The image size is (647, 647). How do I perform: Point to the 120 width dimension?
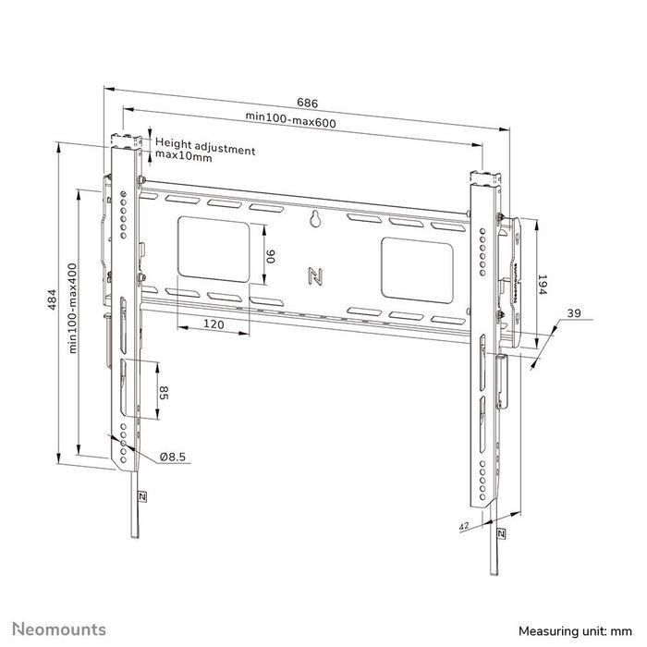pyautogui.click(x=214, y=325)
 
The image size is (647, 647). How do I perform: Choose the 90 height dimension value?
pyautogui.click(x=271, y=256)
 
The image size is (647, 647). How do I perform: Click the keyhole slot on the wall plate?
pyautogui.click(x=313, y=220)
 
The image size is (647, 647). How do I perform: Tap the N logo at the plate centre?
pyautogui.click(x=312, y=275)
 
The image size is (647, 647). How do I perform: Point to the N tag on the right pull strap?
pyautogui.click(x=500, y=535)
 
